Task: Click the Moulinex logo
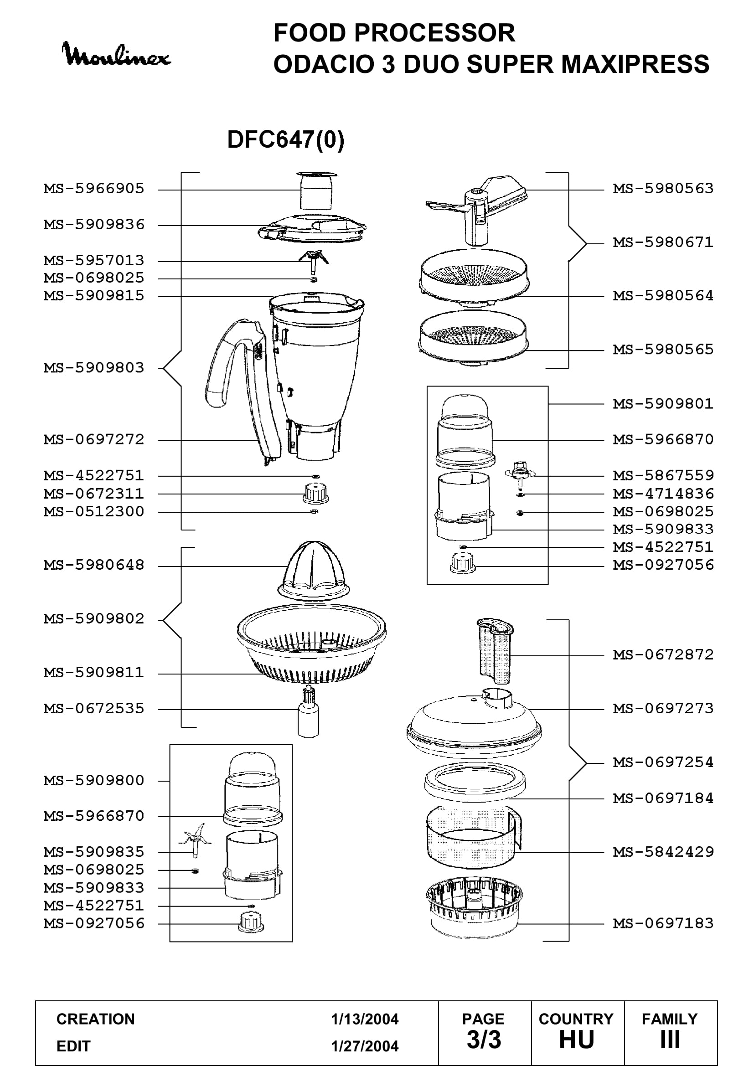(116, 55)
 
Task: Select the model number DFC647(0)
(285, 139)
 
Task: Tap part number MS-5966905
(94, 189)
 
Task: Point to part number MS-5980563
(663, 189)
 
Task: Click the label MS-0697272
(94, 439)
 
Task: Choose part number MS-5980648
(94, 565)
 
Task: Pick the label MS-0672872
(663, 654)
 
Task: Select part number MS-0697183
(663, 923)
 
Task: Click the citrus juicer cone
(314, 571)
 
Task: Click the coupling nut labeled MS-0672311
(315, 493)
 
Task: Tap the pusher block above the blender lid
(316, 191)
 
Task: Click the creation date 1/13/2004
(365, 1019)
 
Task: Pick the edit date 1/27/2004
(365, 1046)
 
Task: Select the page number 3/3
(484, 1040)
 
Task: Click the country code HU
(577, 1040)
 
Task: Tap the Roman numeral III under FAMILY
(670, 1040)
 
